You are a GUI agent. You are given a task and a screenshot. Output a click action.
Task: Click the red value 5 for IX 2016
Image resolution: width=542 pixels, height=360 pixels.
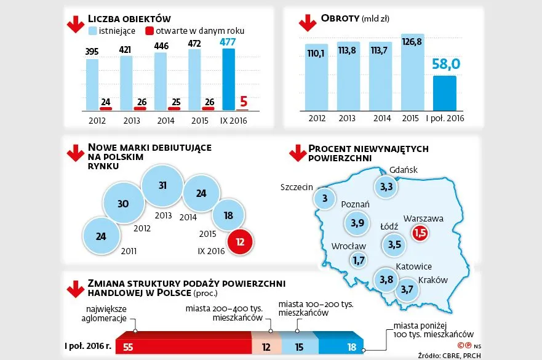243,100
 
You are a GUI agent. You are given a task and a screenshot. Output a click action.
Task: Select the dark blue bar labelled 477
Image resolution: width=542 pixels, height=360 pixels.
228,79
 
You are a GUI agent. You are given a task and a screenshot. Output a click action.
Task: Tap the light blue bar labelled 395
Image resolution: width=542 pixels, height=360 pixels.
92,84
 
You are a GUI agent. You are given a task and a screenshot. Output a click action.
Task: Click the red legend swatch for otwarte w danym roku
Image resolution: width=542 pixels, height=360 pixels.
149,30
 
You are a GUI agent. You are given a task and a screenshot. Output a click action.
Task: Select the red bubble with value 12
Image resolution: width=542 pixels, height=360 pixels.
241,242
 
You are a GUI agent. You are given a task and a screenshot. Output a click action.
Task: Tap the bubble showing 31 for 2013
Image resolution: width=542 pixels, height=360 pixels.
162,185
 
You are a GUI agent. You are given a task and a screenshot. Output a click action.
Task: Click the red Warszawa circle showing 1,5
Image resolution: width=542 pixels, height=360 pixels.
420,233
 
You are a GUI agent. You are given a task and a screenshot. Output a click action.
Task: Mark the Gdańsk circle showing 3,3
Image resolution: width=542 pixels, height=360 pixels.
387,186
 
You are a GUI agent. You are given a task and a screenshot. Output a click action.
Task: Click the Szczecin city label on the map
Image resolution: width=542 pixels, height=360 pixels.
297,187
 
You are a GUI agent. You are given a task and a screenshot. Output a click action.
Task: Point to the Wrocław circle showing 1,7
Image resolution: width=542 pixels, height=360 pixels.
359,260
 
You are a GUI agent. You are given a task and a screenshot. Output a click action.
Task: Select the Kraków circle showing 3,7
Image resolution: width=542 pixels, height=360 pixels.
407,289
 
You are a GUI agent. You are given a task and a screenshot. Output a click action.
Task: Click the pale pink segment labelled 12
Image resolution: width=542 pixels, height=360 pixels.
266,346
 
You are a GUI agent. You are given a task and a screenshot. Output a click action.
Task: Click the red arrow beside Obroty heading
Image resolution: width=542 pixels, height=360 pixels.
307,23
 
